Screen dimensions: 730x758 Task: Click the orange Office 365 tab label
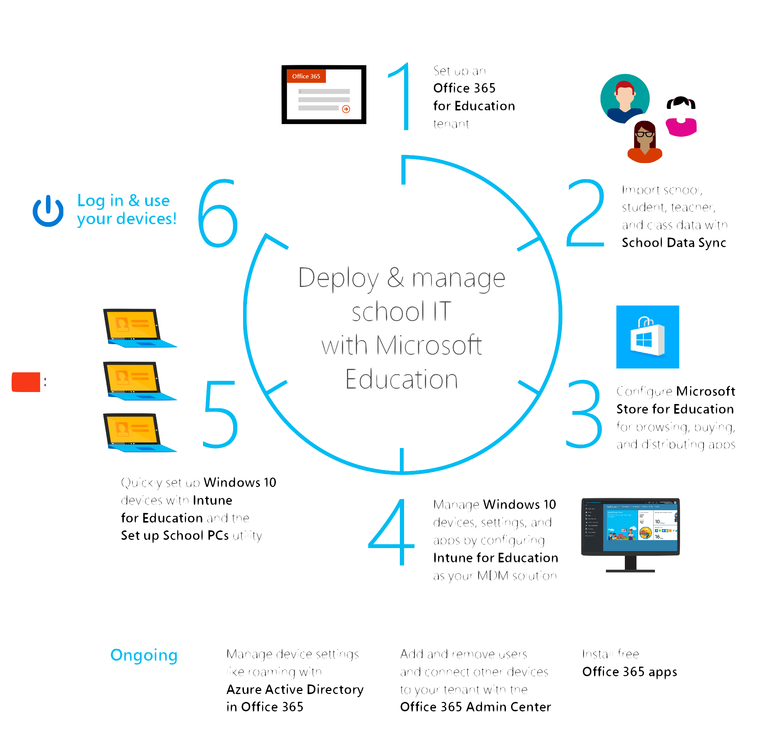click(306, 76)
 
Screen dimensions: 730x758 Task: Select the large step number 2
click(585, 213)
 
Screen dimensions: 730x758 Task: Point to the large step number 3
click(584, 414)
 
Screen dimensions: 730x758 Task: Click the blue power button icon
click(48, 211)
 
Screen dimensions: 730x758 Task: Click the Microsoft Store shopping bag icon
click(647, 337)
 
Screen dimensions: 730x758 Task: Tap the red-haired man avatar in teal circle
click(624, 99)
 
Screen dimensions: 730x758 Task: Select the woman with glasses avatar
click(644, 142)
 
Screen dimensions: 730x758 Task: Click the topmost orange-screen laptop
click(137, 328)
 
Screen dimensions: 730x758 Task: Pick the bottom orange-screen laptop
click(137, 432)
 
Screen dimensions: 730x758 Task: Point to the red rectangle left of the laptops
click(26, 382)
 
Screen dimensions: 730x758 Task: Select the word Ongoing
click(144, 655)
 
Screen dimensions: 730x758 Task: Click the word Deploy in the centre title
click(339, 278)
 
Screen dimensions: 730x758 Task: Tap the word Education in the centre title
click(401, 379)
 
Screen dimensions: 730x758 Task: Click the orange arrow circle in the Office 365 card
click(346, 109)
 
